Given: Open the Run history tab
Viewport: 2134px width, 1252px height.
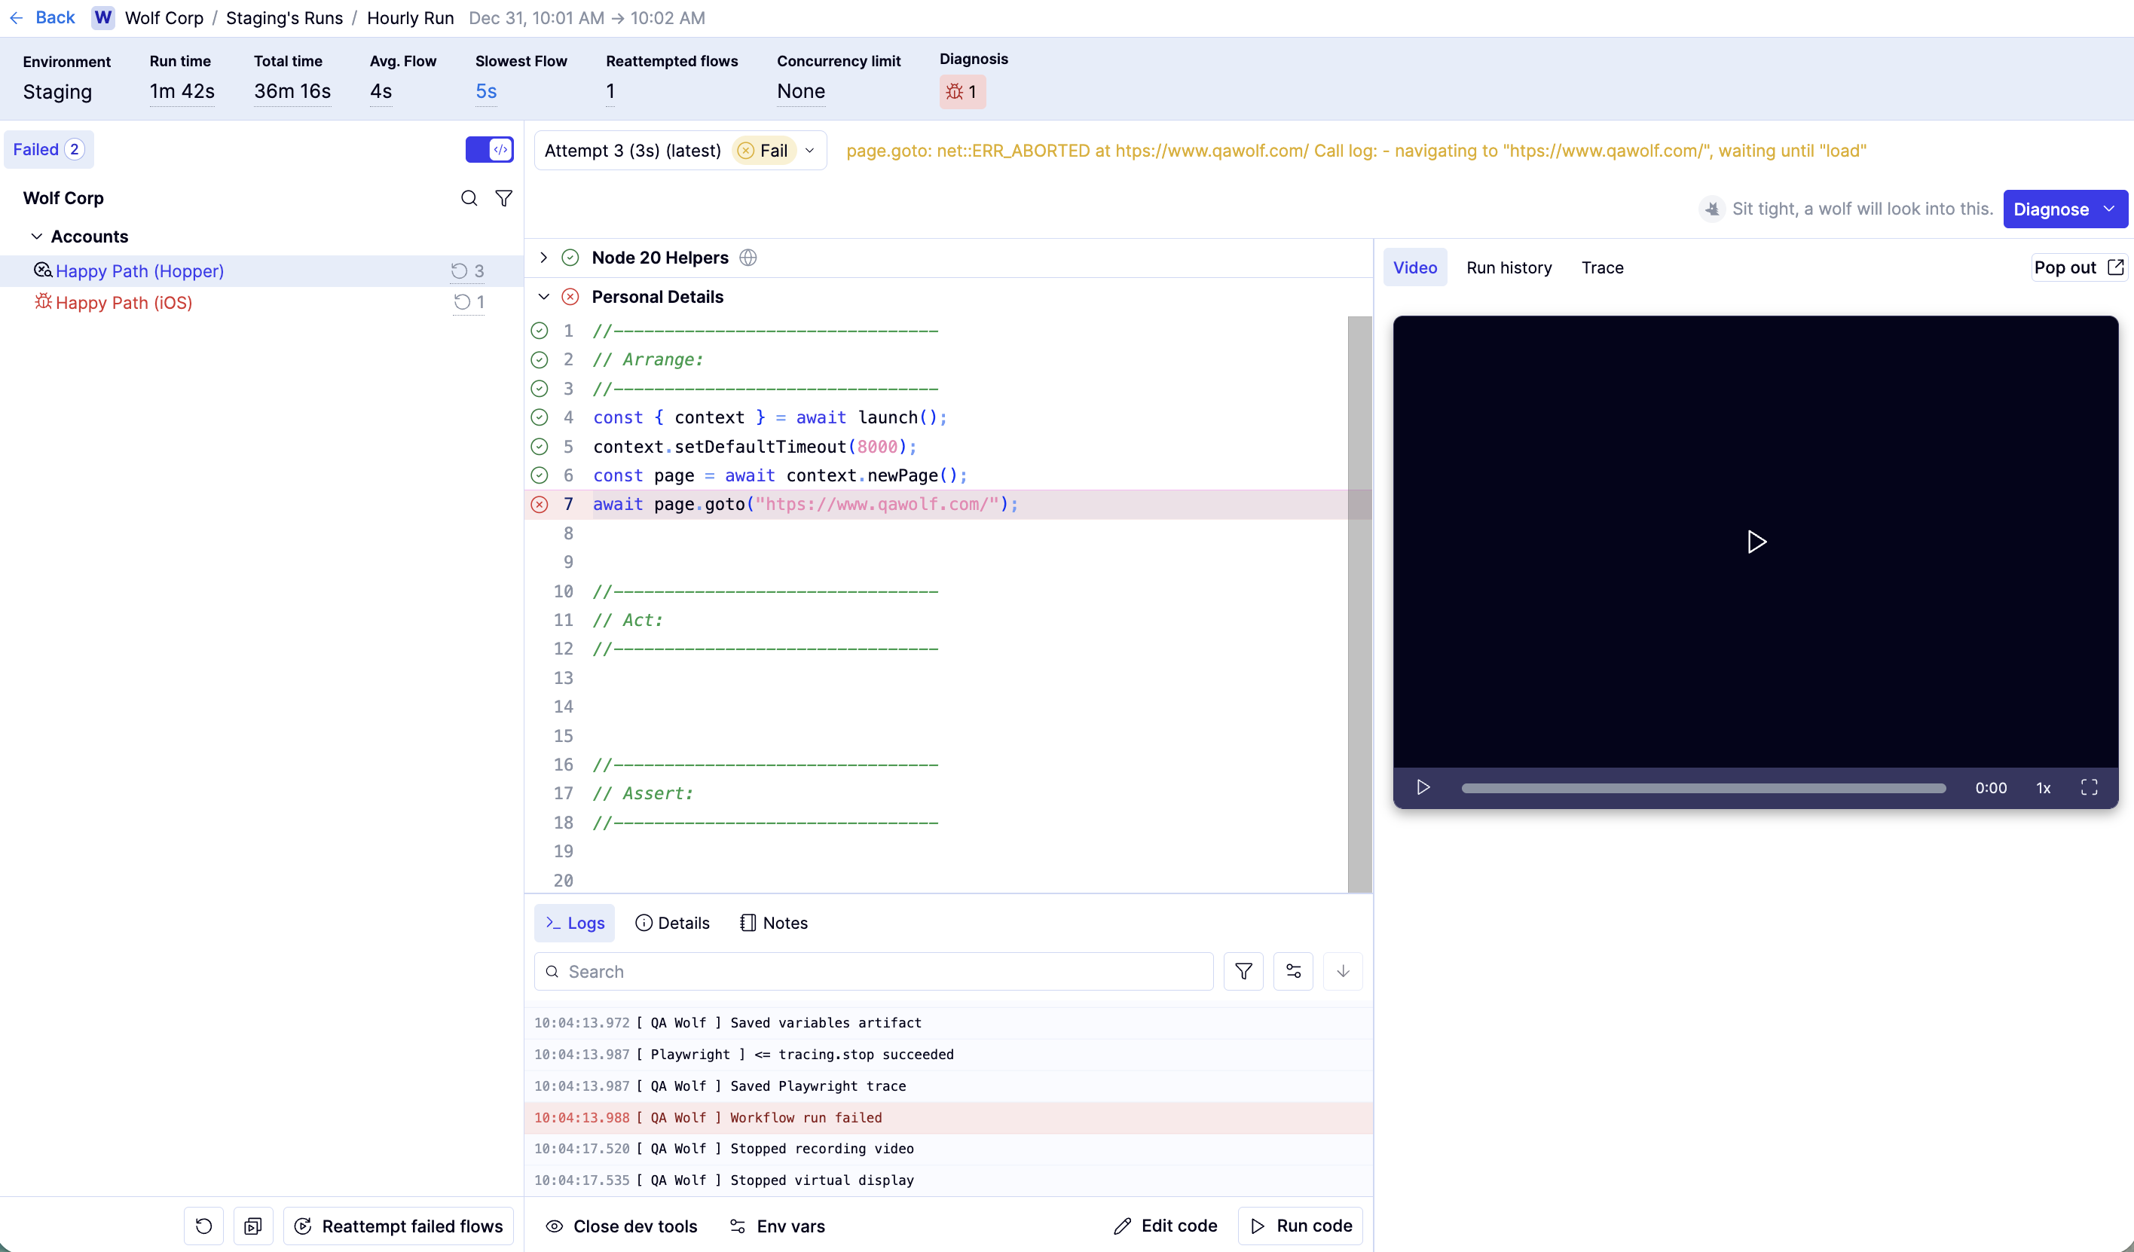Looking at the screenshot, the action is coord(1509,267).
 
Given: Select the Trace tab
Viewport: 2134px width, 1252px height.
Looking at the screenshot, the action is coord(1602,267).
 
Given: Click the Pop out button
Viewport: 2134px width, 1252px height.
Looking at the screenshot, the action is coord(2079,267).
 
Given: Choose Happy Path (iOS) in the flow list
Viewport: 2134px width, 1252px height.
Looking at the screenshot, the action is coord(124,302).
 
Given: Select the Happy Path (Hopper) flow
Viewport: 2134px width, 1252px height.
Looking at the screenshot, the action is coord(139,271).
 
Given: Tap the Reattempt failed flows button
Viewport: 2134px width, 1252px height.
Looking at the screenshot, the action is coord(398,1226).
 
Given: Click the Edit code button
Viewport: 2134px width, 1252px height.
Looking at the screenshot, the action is coord(1165,1226).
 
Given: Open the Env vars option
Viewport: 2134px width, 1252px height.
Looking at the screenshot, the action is coord(778,1226).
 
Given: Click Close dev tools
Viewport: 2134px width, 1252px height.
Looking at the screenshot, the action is coord(622,1226).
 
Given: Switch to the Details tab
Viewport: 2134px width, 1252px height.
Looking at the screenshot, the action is coord(672,923).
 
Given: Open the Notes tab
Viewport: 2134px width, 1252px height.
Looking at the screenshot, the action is coord(774,923).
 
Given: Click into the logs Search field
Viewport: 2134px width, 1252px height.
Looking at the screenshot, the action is coord(873,971).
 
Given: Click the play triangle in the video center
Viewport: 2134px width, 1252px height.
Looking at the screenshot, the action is coord(1756,542).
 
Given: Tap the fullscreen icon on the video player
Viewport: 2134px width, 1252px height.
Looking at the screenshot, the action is coord(2089,787).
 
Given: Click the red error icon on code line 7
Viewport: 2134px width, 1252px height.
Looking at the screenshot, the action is coord(540,505).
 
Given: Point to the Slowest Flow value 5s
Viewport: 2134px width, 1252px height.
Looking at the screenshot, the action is coord(486,91).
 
